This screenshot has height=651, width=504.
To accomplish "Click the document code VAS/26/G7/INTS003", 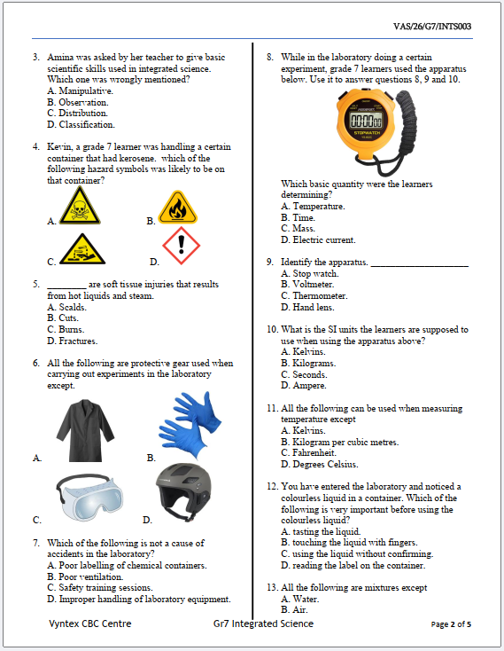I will (x=431, y=27).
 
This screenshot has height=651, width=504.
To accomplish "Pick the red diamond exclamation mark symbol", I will (x=182, y=246).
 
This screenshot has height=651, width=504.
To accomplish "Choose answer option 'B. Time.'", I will (x=298, y=217).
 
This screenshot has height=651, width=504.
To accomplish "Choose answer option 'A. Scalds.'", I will (x=66, y=307).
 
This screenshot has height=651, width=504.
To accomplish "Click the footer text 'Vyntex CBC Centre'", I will (x=89, y=624).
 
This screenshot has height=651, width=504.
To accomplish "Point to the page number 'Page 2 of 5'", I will (x=451, y=624).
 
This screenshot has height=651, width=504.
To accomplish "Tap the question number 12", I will (x=272, y=487).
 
